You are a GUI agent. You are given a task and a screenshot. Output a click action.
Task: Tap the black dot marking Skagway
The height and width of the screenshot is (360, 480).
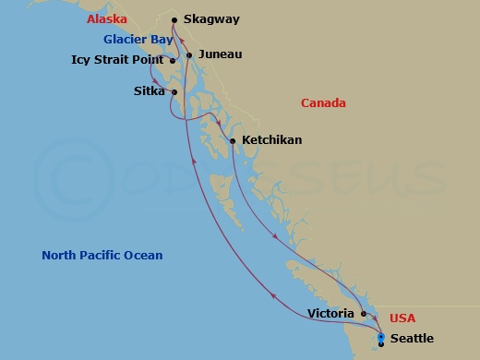tap(174, 18)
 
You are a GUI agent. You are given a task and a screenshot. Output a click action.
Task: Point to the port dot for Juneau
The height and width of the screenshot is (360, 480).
tap(189, 55)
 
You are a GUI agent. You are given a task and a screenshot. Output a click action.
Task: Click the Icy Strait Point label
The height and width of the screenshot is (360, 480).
tap(117, 60)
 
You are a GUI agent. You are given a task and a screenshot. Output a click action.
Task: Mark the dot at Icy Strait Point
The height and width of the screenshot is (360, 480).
tap(173, 61)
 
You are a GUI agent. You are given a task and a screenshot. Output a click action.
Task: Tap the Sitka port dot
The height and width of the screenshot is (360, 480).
tap(174, 92)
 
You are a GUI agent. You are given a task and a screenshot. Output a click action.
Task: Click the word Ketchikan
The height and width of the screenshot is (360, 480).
tap(271, 140)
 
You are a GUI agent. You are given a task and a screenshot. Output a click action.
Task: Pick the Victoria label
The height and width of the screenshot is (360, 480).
tap(330, 314)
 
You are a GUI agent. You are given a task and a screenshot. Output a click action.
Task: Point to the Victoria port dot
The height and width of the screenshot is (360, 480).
tap(364, 314)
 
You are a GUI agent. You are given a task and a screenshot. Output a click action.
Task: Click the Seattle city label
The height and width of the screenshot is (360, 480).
tap(412, 339)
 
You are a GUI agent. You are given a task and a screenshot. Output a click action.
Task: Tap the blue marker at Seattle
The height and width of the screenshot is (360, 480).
tap(380, 338)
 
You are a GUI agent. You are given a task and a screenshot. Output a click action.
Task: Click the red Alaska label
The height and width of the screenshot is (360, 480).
tap(107, 19)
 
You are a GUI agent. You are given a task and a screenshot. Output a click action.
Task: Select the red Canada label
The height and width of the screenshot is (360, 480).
tap(323, 103)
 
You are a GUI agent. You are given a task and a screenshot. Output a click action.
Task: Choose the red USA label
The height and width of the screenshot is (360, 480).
tap(402, 318)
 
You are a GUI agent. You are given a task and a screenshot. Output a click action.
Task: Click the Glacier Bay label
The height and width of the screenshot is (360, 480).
tap(138, 40)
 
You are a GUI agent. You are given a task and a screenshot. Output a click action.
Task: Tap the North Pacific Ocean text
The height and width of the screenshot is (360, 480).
tap(102, 256)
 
